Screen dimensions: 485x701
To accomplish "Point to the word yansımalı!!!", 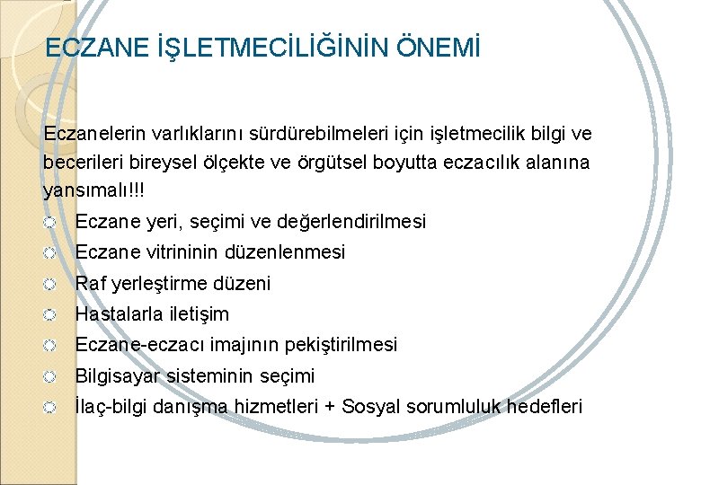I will coord(93,191).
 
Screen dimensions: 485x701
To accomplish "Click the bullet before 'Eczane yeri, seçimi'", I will coord(52,222).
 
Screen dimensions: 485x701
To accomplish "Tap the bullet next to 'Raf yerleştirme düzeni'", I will coord(52,284).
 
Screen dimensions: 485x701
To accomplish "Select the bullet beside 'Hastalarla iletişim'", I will coord(52,314).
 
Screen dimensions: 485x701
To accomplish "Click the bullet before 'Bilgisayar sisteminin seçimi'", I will coord(52,376).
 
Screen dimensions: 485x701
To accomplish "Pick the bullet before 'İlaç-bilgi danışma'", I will coord(52,407).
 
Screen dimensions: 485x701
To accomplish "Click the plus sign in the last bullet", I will coord(330,407).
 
